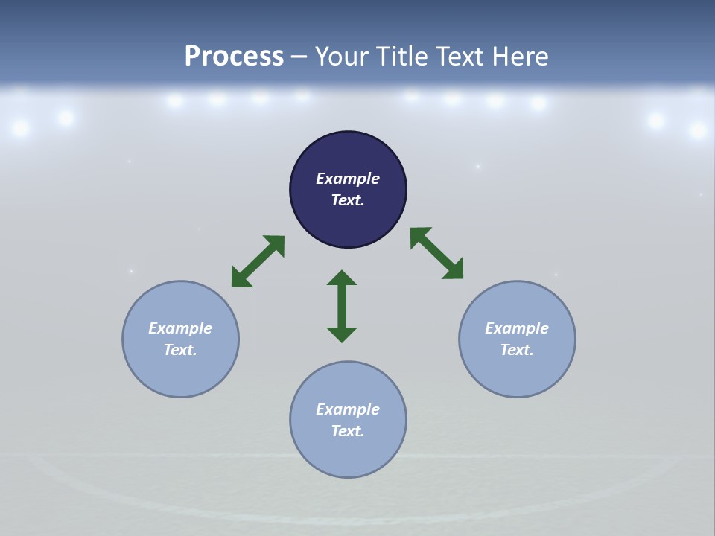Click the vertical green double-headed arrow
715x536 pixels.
pos(342,306)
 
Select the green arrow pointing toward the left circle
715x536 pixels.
pos(258,261)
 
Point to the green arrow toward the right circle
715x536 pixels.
pos(436,253)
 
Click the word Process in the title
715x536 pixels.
pos(234,57)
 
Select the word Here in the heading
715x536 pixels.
pos(520,57)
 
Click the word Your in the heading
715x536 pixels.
pos(340,57)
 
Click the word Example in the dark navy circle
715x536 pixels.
pos(348,179)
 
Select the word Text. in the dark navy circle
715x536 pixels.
pos(348,200)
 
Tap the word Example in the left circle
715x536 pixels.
pos(180,328)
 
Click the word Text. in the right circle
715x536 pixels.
pos(517,350)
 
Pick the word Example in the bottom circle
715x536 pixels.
pos(348,409)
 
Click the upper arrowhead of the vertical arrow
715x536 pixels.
pos(342,278)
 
